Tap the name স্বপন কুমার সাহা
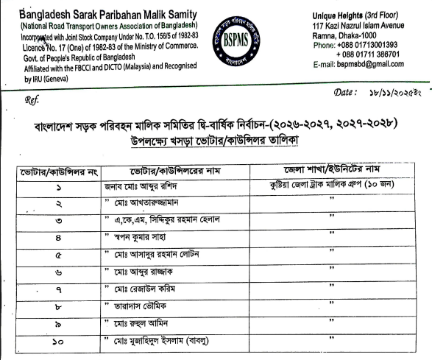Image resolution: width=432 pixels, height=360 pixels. [146, 238]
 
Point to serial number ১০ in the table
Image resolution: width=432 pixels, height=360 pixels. [57, 341]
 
